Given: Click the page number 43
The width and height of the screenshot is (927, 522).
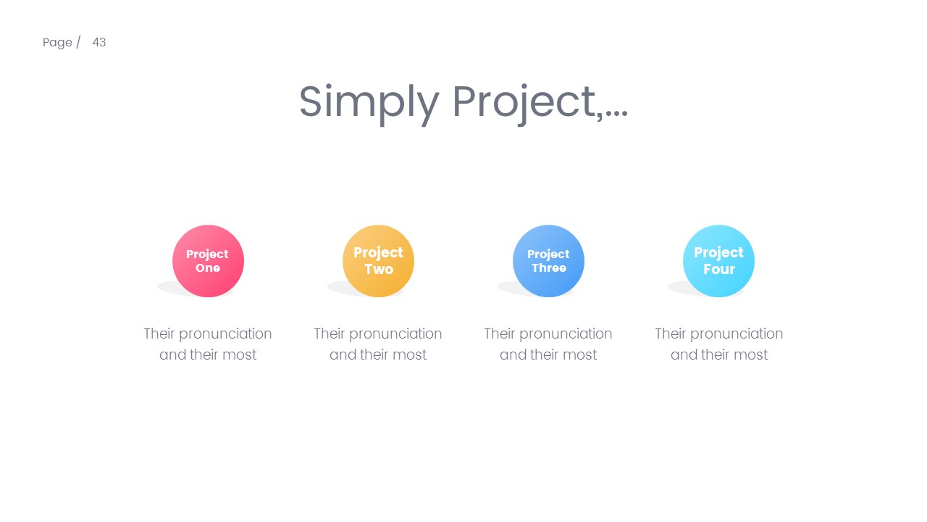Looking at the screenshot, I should point(99,42).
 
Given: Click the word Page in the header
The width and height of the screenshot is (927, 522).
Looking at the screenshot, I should point(57,43).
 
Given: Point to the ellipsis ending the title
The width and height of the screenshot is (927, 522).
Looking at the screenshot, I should point(616,115).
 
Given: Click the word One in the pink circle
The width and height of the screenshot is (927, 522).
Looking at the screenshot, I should point(208,268).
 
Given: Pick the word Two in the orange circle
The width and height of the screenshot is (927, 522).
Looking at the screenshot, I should point(379,270).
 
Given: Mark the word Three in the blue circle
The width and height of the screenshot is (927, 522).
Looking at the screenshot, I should point(549,268).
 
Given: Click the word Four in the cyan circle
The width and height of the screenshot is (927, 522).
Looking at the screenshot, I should point(719,270).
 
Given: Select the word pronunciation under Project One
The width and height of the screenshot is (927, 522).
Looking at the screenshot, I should point(225,334).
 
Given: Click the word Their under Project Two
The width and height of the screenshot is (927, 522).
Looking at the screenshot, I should point(330,333).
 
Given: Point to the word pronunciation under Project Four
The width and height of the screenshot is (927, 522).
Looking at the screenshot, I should point(737,334).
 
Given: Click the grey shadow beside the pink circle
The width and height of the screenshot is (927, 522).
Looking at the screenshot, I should point(164,288).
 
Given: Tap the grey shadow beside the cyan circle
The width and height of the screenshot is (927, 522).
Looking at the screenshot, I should point(675,288).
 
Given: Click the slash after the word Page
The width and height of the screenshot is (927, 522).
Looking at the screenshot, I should point(78,42).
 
